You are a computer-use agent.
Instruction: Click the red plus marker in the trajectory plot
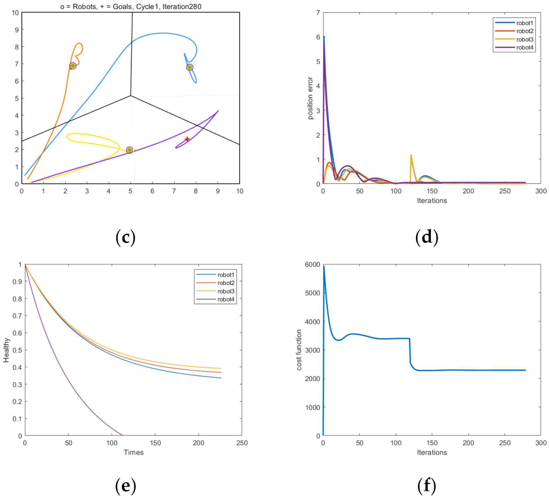point(187,139)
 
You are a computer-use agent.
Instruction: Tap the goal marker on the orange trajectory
point(73,66)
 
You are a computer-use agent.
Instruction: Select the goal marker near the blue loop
point(190,67)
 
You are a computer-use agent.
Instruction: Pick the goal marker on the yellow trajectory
point(129,150)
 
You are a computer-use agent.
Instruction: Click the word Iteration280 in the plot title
point(182,6)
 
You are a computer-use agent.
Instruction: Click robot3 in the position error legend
point(525,39)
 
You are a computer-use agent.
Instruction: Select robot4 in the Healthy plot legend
point(226,299)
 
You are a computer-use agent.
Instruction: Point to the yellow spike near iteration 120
point(411,155)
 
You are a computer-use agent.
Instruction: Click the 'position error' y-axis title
point(310,98)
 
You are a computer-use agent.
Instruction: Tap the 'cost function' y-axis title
point(299,350)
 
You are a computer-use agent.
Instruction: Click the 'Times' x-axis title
point(134,452)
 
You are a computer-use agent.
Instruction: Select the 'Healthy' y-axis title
point(6,350)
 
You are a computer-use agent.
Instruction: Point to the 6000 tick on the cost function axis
point(312,265)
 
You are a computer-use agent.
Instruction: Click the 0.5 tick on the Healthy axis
point(17,350)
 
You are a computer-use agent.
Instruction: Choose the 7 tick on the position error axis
point(318,13)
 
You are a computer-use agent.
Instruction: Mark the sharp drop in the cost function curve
point(410,352)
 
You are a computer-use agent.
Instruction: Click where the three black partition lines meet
point(131,95)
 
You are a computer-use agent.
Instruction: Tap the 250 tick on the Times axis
point(242,443)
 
